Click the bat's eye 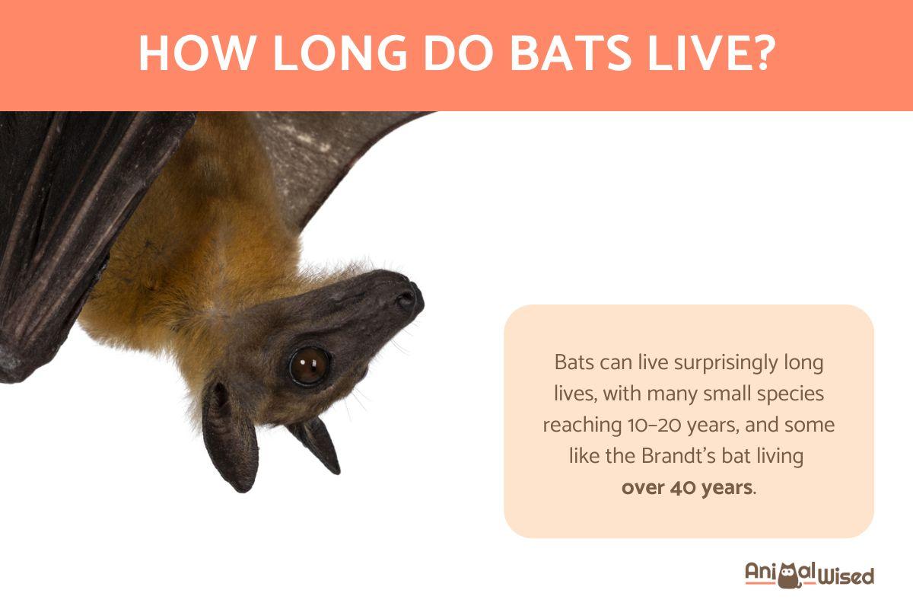(308, 365)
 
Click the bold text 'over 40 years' (686, 487)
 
